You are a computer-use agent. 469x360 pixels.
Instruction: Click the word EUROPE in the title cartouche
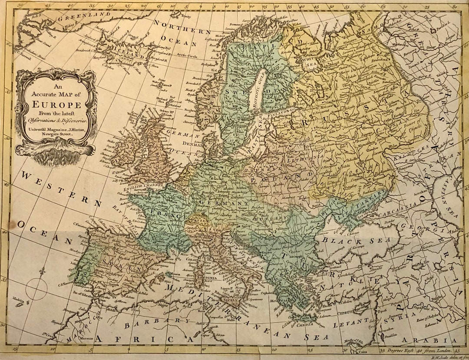[x=55, y=105]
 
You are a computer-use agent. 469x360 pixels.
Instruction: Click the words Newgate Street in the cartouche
[x=55, y=134]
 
